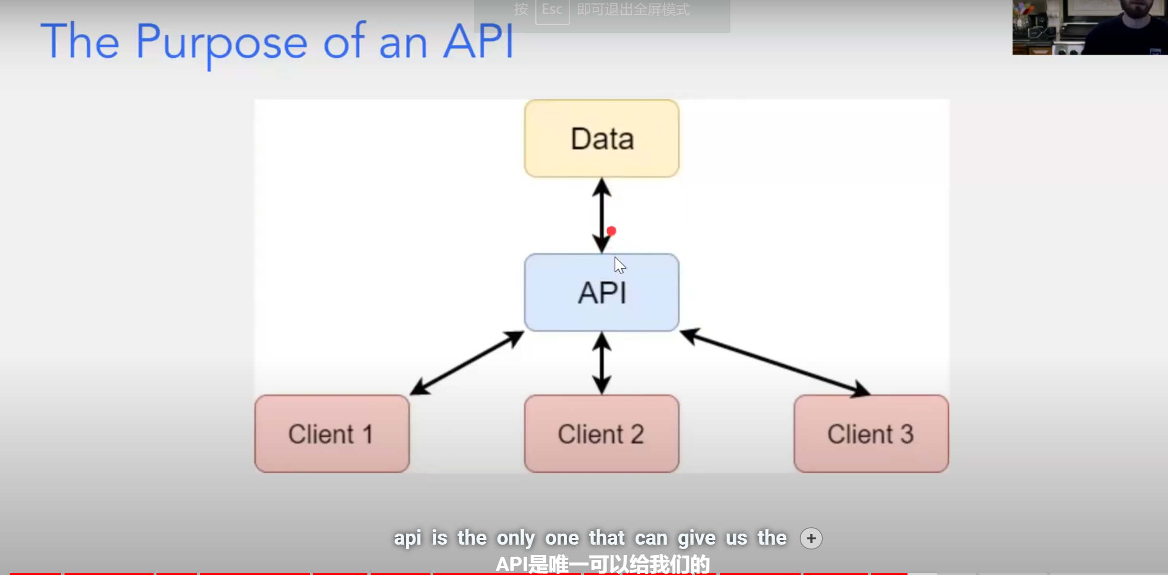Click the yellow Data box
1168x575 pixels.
[x=602, y=139]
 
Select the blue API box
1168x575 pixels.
[x=602, y=292]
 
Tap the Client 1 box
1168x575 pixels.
[x=332, y=433]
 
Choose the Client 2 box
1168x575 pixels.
[x=602, y=433]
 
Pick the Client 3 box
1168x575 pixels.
[x=871, y=433]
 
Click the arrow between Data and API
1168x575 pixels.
[x=602, y=215]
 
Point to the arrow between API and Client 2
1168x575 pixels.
[x=602, y=363]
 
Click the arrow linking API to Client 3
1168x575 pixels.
[x=775, y=363]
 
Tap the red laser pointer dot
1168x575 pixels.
[x=611, y=231]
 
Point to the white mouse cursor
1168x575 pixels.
[x=619, y=265]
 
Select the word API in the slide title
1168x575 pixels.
[x=479, y=41]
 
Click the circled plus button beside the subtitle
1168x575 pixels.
[x=811, y=538]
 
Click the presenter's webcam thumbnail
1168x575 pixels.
[x=1090, y=27]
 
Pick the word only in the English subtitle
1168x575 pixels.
[x=516, y=538]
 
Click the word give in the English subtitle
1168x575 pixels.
[x=697, y=538]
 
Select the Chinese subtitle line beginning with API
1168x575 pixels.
[x=603, y=564]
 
